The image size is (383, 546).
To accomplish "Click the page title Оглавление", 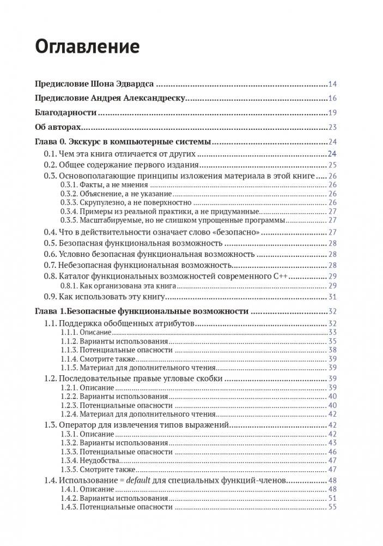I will click(x=87, y=47).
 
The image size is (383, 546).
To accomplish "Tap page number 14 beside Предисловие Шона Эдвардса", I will click(x=332, y=84).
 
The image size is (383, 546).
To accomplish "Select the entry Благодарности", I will click(x=65, y=113).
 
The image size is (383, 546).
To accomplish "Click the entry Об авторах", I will click(x=58, y=127).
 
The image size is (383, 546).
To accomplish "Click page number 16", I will click(x=332, y=99).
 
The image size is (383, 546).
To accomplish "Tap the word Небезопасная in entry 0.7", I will click(x=82, y=265).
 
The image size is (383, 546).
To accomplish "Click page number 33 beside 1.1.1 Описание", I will click(x=332, y=332).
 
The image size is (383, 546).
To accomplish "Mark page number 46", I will click(x=332, y=452).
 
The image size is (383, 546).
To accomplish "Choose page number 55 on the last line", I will click(x=332, y=507).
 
